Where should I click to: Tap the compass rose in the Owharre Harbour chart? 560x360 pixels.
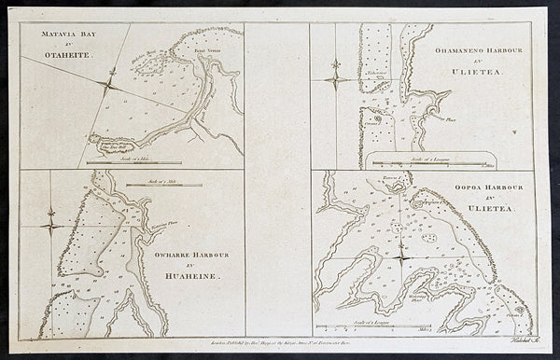(51, 225)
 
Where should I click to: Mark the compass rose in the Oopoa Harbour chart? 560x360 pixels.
(399, 256)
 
